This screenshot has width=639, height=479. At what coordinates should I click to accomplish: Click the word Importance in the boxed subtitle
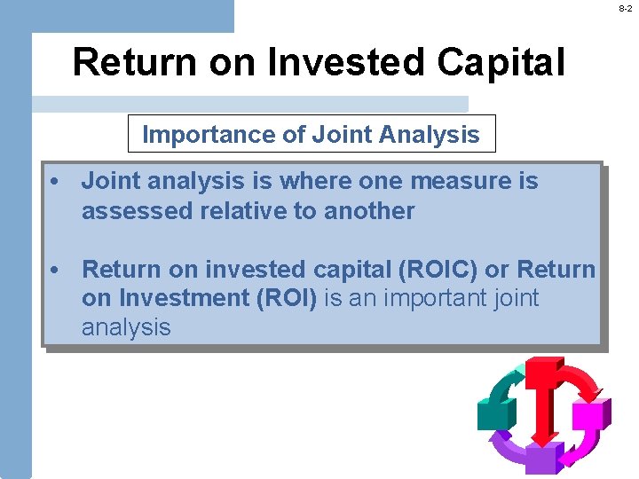click(x=195, y=135)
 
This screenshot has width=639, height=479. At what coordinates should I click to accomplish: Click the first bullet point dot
click(x=55, y=182)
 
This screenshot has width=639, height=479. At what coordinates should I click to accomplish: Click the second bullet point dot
click(x=55, y=270)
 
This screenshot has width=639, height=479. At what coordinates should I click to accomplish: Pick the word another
click(x=368, y=211)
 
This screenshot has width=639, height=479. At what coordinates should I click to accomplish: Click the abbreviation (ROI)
click(x=287, y=298)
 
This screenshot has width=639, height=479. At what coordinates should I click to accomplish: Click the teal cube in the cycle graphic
click(x=494, y=412)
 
